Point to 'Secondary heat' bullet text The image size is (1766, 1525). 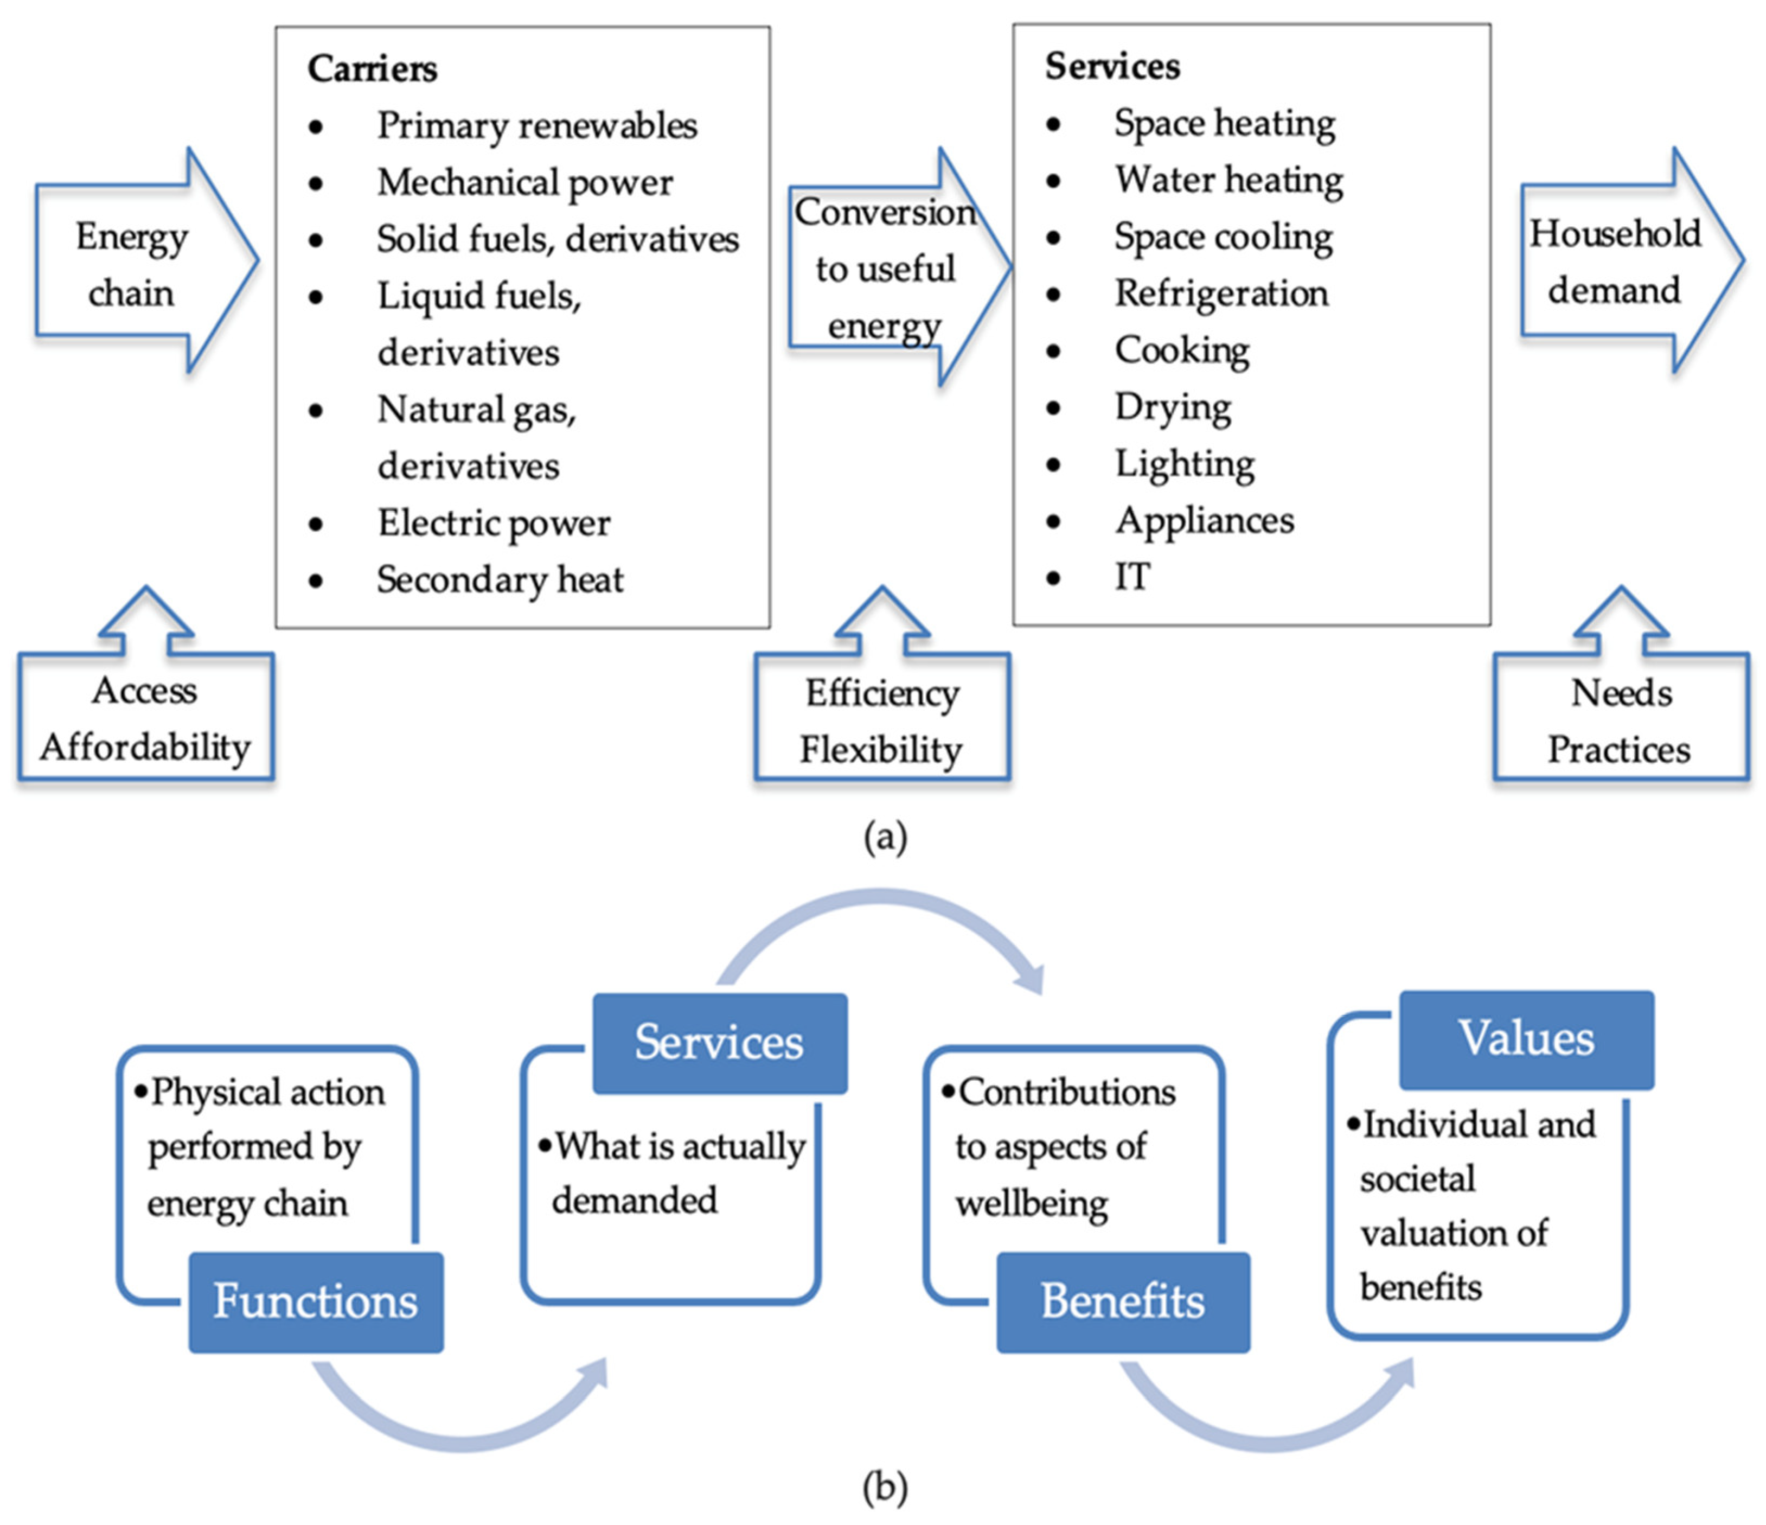(500, 579)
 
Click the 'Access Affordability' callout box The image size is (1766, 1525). (146, 718)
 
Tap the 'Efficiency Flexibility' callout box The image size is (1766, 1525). (882, 720)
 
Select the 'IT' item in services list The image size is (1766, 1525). (1132, 577)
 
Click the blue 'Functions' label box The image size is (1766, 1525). (315, 1301)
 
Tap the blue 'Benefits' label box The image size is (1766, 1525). (1123, 1301)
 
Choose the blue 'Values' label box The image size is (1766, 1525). (1526, 1038)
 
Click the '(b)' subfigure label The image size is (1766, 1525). (885, 1488)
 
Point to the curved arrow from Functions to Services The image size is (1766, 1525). (460, 1415)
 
